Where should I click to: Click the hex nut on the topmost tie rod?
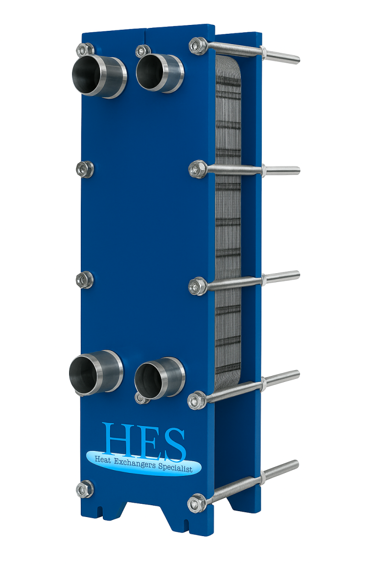[197, 45]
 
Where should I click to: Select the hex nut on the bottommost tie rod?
[197, 503]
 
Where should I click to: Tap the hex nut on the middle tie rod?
[198, 285]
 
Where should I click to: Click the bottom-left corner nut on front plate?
[85, 489]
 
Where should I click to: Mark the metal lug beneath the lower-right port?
[141, 399]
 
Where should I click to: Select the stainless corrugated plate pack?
[228, 220]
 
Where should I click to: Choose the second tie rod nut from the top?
[197, 169]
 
